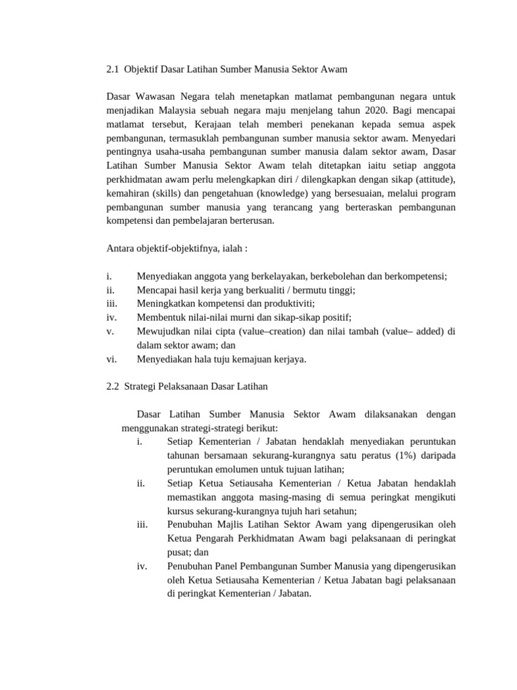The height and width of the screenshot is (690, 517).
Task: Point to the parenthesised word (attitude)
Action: [436, 180]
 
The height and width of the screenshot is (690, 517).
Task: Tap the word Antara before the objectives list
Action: [121, 248]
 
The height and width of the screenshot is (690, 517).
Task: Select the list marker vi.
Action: [112, 358]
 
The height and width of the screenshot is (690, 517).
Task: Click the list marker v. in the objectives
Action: [110, 331]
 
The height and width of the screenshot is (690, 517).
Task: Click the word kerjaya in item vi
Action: [287, 358]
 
